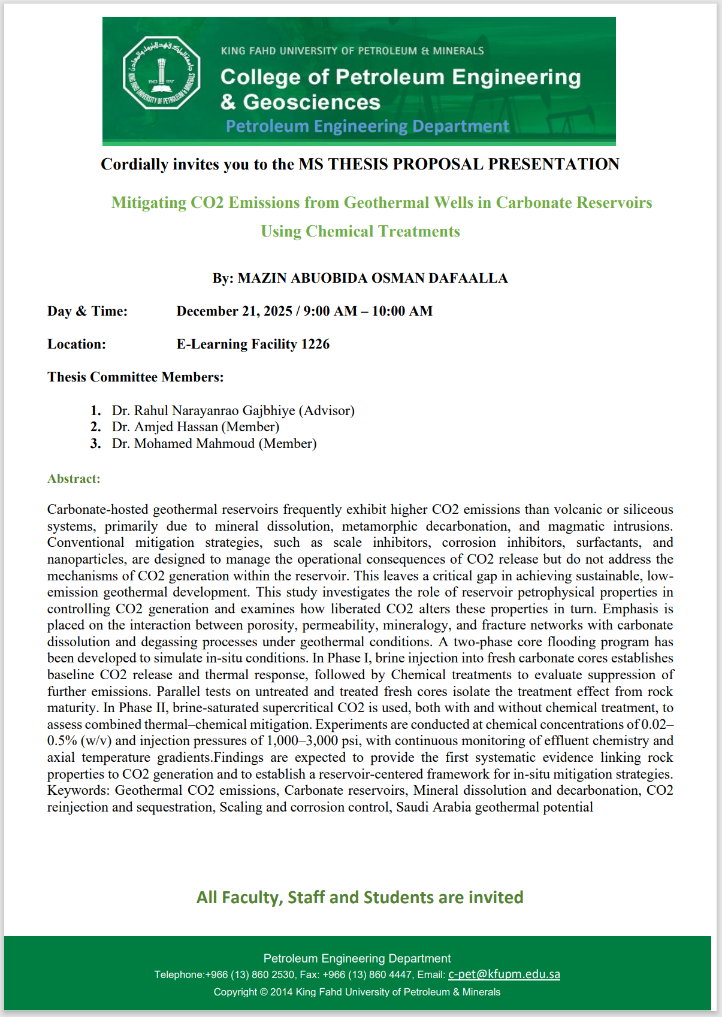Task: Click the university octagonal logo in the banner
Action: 161,73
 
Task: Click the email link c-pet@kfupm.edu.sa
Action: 504,974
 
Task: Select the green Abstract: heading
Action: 74,479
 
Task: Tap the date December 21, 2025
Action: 234,311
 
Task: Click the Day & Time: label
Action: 87,311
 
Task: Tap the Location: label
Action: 77,344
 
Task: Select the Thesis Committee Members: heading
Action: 135,377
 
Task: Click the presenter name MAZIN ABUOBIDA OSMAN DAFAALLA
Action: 373,278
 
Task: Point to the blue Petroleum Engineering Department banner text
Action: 367,126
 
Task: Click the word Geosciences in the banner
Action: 312,102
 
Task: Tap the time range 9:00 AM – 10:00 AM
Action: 368,311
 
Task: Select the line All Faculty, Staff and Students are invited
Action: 360,897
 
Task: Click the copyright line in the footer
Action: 357,992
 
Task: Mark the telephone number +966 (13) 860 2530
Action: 250,975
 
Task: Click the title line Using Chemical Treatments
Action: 360,231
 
